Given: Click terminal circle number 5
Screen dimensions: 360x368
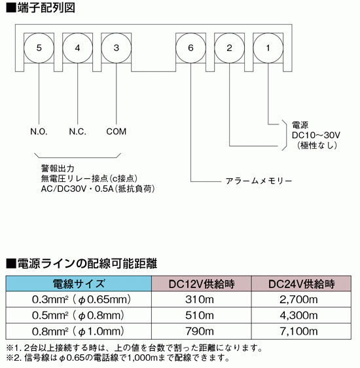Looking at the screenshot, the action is pyautogui.click(x=39, y=48).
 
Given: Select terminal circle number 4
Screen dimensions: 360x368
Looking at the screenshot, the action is pyautogui.click(x=78, y=48).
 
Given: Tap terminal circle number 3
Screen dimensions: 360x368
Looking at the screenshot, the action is pyautogui.click(x=117, y=48).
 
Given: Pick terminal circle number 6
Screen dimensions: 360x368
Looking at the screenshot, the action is pyautogui.click(x=190, y=48).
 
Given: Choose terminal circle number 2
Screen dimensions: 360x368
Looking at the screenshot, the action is pyautogui.click(x=229, y=48).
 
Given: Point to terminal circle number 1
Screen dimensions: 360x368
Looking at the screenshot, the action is pyautogui.click(x=268, y=48).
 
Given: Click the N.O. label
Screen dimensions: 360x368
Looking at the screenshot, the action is pyautogui.click(x=39, y=132).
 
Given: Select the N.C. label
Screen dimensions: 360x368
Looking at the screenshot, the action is pyautogui.click(x=78, y=132).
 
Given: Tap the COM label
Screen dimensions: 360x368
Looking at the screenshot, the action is pyautogui.click(x=117, y=132).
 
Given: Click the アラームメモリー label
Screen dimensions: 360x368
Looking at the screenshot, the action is pyautogui.click(x=259, y=181).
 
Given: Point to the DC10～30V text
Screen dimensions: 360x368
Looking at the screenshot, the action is pyautogui.click(x=316, y=135).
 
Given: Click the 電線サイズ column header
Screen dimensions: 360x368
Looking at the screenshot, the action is pyautogui.click(x=79, y=284).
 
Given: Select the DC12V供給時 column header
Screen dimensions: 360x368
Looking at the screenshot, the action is pyautogui.click(x=202, y=284).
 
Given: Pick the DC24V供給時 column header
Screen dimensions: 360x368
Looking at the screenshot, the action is pyautogui.click(x=301, y=284).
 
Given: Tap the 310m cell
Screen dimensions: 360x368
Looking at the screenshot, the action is pyautogui.click(x=200, y=299).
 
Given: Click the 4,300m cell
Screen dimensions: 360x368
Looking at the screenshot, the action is pyautogui.click(x=298, y=316).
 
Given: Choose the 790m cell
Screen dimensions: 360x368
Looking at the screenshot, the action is pyautogui.click(x=200, y=331).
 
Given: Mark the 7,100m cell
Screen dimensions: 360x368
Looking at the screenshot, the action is pyautogui.click(x=298, y=331).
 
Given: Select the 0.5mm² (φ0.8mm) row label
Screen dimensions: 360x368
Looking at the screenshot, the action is pyautogui.click(x=78, y=316).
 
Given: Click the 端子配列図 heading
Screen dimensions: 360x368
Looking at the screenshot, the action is pyautogui.click(x=46, y=8).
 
